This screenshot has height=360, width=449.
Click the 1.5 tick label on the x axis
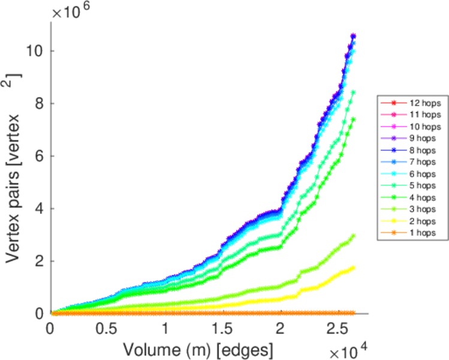pos(222,329)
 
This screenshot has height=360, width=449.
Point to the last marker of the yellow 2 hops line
pos(353,268)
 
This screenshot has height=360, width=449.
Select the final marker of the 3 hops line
pos(353,236)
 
